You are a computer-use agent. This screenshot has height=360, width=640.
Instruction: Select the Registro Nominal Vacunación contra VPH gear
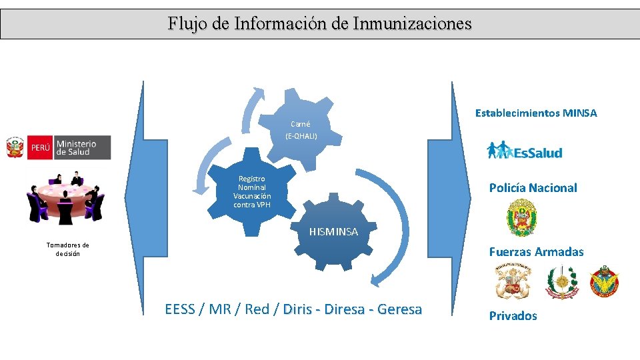coord(251,191)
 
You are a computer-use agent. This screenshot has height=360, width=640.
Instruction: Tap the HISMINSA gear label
coord(333,232)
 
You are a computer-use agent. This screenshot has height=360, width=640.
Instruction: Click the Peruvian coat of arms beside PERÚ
coord(15,148)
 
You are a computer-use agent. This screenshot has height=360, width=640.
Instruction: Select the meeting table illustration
coord(65,197)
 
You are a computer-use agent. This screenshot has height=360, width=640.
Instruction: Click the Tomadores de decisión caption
coord(67,249)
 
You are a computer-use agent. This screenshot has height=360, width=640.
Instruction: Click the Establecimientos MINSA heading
coord(536,113)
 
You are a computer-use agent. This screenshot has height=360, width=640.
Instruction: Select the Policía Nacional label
coord(533,188)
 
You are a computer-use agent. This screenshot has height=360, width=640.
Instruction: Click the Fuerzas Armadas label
coord(536,252)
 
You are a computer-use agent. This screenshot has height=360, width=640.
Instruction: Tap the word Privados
coord(513,316)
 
